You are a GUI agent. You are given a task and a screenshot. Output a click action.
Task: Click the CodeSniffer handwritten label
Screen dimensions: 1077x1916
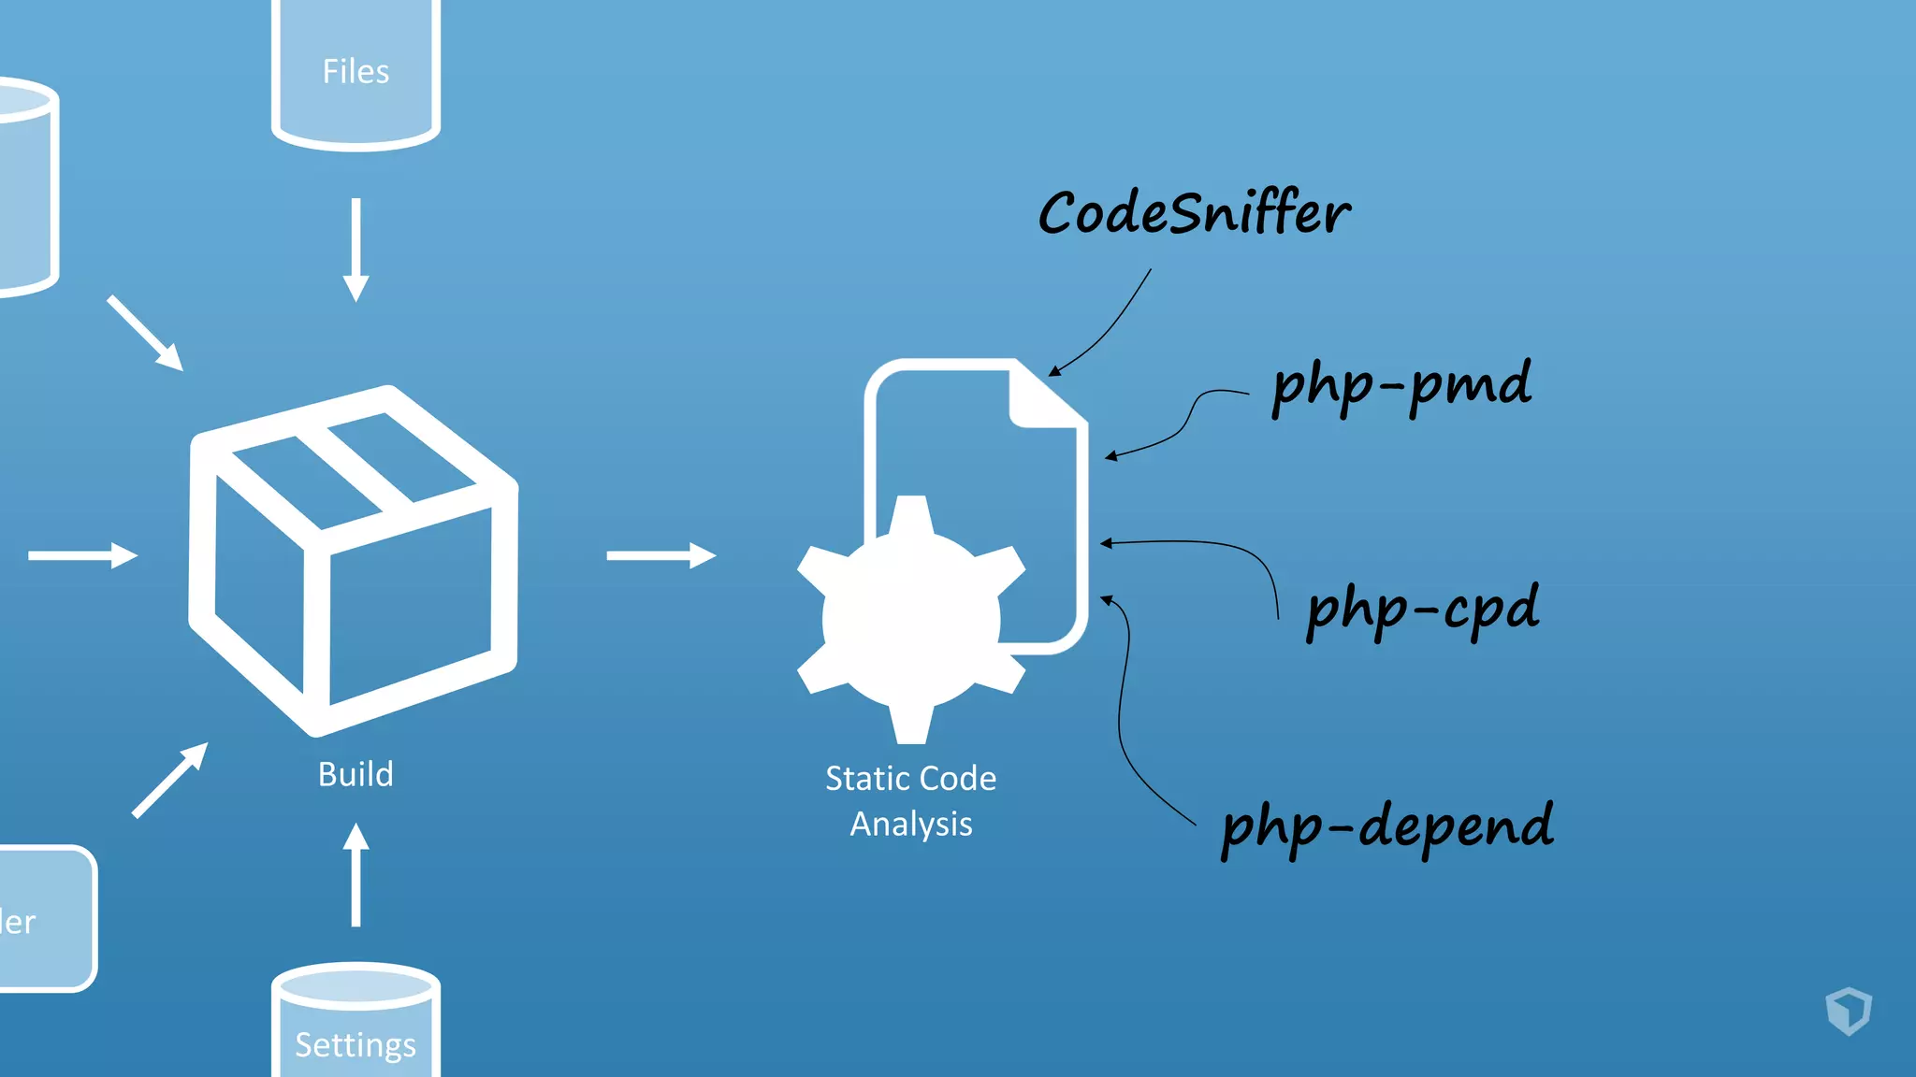pyautogui.click(x=1194, y=213)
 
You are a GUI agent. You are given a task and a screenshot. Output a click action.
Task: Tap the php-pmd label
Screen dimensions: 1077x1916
pyautogui.click(x=1401, y=385)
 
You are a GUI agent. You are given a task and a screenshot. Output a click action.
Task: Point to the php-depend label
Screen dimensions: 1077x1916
pyautogui.click(x=1387, y=826)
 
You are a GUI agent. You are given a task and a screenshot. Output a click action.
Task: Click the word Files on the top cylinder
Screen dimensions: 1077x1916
pyautogui.click(x=356, y=72)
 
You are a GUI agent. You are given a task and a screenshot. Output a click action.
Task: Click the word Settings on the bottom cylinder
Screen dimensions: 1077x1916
pyautogui.click(x=356, y=1044)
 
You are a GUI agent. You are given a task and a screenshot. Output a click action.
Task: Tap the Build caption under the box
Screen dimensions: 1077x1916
pyautogui.click(x=356, y=774)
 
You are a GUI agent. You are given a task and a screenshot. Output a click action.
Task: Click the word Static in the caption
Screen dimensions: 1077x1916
pyautogui.click(x=861, y=778)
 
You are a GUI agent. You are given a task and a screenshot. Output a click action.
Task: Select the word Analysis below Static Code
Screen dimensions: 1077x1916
pyautogui.click(x=910, y=824)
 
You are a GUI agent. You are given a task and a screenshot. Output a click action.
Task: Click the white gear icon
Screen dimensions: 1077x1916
pyautogui.click(x=910, y=619)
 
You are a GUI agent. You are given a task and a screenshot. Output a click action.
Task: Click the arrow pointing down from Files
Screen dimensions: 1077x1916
pyautogui.click(x=356, y=249)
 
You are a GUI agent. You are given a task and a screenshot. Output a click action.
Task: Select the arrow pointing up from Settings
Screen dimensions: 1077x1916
pyautogui.click(x=356, y=874)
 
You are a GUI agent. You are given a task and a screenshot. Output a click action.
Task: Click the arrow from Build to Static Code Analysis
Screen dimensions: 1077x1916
pyautogui.click(x=660, y=555)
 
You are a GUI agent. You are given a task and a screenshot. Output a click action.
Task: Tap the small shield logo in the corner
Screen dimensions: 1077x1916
pyautogui.click(x=1849, y=1011)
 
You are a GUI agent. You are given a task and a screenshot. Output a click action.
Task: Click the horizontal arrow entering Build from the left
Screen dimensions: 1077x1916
pyautogui.click(x=82, y=555)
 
